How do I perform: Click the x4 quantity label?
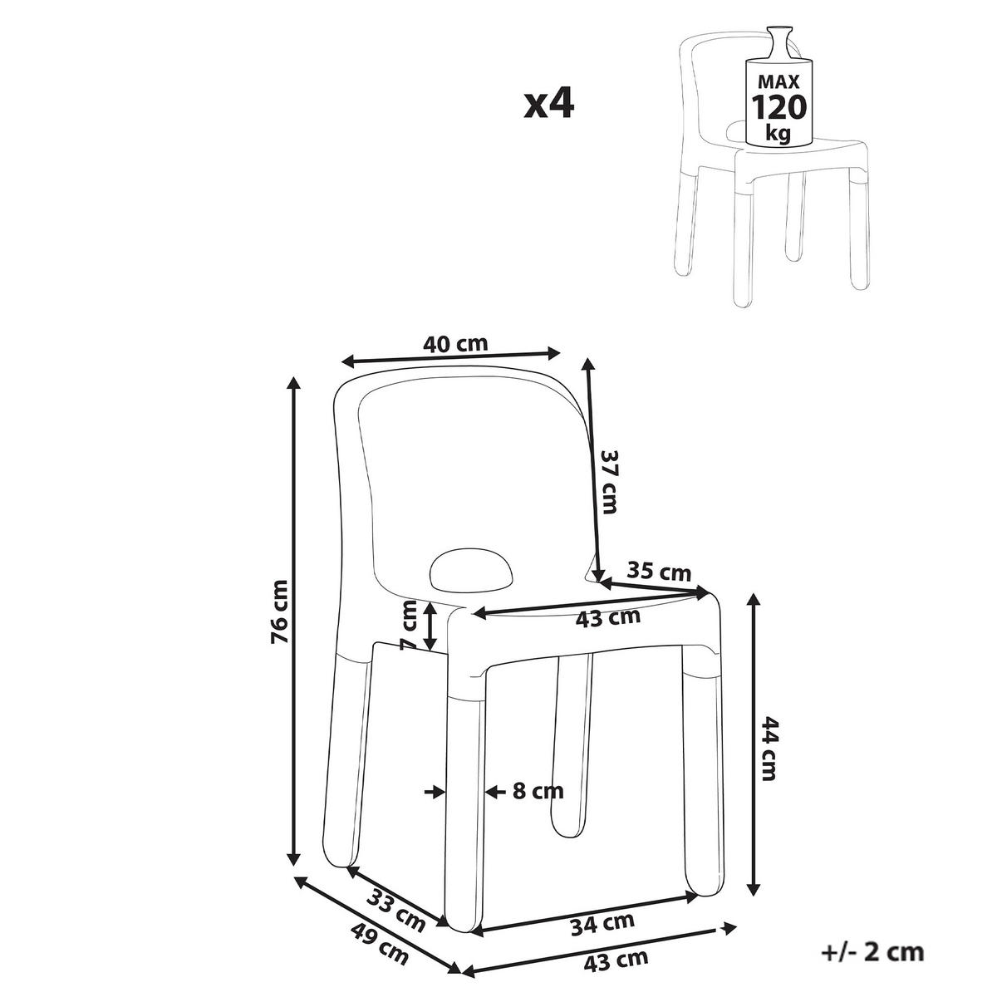[x=549, y=105]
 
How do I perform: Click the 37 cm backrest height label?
[x=611, y=481]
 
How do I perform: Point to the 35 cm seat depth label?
[x=659, y=572]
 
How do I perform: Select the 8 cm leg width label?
[x=537, y=791]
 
